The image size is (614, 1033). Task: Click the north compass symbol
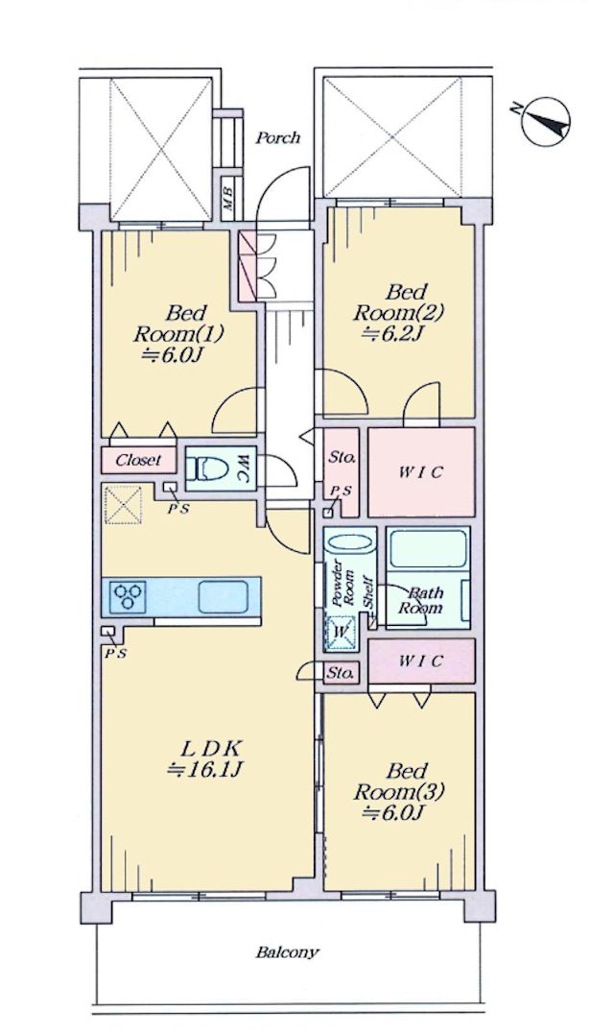pos(544,121)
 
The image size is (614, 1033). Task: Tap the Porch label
pos(277,137)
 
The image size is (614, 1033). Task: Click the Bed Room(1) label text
pos(179,323)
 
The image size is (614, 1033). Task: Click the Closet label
pos(138,460)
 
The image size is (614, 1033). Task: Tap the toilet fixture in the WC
pos(207,468)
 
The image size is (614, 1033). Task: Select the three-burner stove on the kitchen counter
pos(129,596)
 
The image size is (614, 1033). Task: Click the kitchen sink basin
pos(224,596)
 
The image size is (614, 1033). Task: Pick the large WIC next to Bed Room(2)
pos(420,471)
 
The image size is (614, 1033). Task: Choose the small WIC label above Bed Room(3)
pos(421,661)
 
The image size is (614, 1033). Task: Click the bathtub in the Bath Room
pos(428,548)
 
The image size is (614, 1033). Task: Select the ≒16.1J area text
pos(206,770)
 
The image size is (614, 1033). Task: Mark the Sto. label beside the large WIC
pos(342,457)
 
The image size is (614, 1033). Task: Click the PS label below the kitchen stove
pos(115,654)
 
